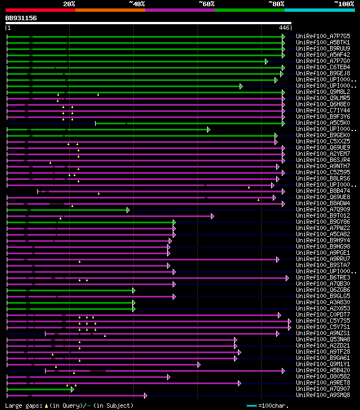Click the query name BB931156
click(21, 18)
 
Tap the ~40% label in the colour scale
click(137, 3)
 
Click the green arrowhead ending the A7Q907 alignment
click(73, 389)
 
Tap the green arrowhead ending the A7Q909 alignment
click(128, 210)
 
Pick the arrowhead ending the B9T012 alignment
click(212, 216)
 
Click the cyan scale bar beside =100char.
click(251, 406)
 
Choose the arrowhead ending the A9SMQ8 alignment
click(145, 395)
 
